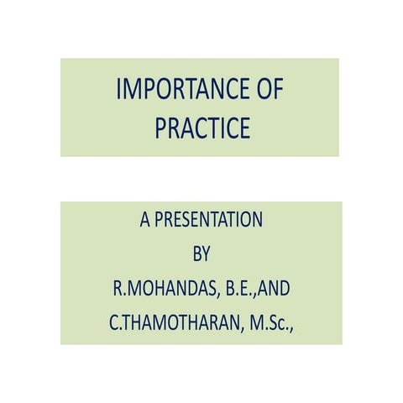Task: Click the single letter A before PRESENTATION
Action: (144, 221)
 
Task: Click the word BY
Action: (201, 255)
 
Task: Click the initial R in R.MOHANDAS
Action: (118, 289)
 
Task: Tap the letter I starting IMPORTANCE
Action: (118, 89)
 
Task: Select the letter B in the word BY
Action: (197, 255)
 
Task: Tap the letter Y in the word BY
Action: (207, 255)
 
